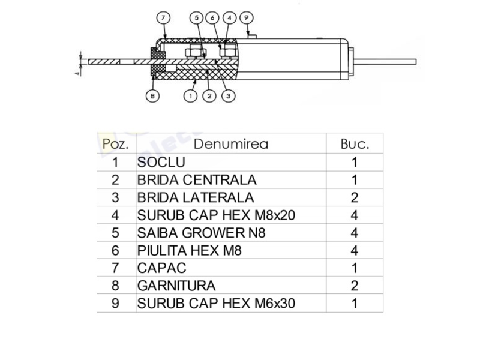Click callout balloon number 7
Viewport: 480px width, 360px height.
coord(163,18)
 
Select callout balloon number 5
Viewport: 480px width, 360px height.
coord(197,18)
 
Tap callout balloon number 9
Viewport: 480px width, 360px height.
coord(247,18)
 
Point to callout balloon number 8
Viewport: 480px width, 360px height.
coord(152,96)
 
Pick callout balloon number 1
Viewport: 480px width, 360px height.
coord(190,96)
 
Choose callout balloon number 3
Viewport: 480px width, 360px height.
coord(229,96)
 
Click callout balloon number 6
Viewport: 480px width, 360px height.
coord(212,18)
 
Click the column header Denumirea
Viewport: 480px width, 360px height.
coord(231,144)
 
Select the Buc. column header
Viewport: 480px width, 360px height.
coord(355,144)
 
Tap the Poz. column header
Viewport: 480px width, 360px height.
coord(115,144)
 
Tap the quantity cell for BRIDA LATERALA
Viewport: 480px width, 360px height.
coord(355,198)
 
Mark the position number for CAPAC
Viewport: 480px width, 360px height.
coord(115,268)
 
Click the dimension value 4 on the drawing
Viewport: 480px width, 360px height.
coord(78,73)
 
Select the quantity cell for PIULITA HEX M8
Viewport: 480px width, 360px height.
coord(355,251)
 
